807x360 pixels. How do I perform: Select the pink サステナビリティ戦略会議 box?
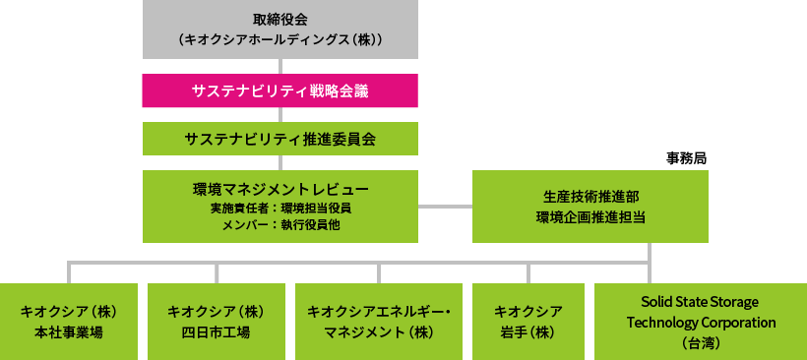click(280, 90)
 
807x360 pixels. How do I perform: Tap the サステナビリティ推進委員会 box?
click(280, 139)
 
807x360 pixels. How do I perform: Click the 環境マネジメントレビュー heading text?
click(280, 189)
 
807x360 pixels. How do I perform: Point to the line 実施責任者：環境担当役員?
click(280, 209)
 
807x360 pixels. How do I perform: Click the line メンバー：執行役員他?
click(280, 225)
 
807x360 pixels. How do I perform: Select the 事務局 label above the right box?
click(686, 157)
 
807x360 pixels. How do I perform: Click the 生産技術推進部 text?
click(590, 197)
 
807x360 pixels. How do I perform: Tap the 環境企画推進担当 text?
click(590, 217)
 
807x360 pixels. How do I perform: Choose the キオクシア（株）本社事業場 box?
click(69, 321)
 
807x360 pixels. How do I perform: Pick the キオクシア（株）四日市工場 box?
click(217, 321)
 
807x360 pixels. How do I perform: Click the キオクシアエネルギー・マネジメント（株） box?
click(379, 321)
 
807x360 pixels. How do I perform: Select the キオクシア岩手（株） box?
click(528, 321)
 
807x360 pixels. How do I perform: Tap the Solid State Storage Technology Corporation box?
click(701, 321)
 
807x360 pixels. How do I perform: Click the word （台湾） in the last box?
click(701, 342)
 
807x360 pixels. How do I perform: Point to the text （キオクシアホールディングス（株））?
click(280, 40)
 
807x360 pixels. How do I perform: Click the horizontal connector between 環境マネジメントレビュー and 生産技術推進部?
click(445, 207)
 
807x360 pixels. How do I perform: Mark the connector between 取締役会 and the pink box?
click(280, 66)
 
